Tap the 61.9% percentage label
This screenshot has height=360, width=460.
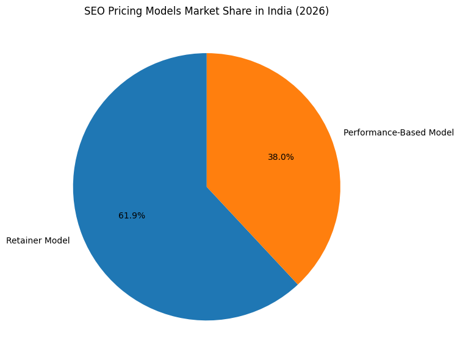pos(132,215)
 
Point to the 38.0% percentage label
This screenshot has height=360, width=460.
pos(281,157)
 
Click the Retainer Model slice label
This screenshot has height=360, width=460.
pos(38,240)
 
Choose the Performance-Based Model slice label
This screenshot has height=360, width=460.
pos(398,132)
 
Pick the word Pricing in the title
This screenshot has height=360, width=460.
pos(121,11)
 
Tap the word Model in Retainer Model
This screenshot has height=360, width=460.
pos(57,240)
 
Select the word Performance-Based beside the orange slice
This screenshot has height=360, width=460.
pos(385,132)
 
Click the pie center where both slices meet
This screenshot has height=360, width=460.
pos(207,187)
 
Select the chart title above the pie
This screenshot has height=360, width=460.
pos(206,11)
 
